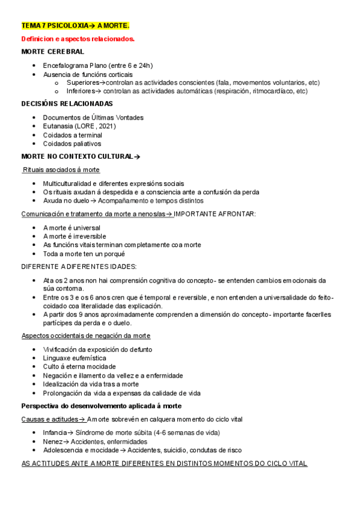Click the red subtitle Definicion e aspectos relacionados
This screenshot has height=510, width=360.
78,39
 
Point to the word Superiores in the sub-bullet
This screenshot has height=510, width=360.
82,83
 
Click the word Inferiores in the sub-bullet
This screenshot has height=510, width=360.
81,91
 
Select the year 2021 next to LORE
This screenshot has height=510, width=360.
106,126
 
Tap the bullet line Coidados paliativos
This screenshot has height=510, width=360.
72,144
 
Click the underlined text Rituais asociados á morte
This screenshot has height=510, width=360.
61,170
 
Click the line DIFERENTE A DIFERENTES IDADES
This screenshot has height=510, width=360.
79,266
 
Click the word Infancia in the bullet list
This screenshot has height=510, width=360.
54,432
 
